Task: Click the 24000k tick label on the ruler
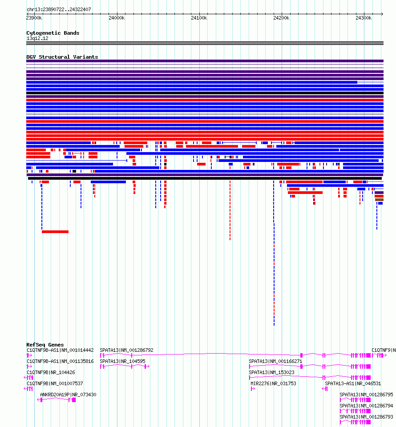[117, 18]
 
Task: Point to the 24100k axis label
[199, 18]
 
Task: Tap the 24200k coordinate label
[281, 18]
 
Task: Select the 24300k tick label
[364, 18]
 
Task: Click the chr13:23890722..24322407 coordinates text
[59, 9]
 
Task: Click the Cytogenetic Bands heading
[53, 33]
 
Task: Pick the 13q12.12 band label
[37, 38]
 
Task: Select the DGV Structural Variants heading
[62, 57]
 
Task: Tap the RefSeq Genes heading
[45, 345]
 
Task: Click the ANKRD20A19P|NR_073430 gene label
[68, 395]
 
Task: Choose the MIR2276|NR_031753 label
[273, 383]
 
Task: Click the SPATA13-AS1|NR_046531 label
[353, 383]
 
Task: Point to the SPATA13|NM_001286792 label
[126, 350]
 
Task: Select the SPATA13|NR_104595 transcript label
[122, 361]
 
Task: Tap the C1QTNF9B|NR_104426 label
[51, 372]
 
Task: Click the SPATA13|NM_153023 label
[271, 372]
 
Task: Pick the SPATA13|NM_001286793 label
[366, 417]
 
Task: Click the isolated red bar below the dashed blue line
[55, 232]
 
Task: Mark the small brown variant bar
[379, 200]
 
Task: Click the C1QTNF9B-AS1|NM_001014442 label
[60, 350]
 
